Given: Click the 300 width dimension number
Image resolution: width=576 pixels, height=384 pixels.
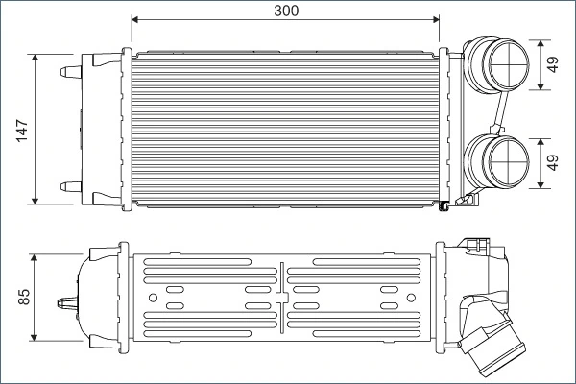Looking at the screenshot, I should (285, 11).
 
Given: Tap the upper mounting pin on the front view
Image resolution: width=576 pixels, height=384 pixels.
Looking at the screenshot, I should (70, 71).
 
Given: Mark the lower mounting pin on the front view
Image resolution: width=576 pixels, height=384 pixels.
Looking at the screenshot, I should (70, 185).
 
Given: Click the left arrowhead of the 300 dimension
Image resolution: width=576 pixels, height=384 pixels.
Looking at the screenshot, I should (136, 19).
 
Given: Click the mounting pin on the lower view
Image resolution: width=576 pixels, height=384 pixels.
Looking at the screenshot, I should (69, 301).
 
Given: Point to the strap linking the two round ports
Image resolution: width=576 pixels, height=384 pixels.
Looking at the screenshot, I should (498, 114).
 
